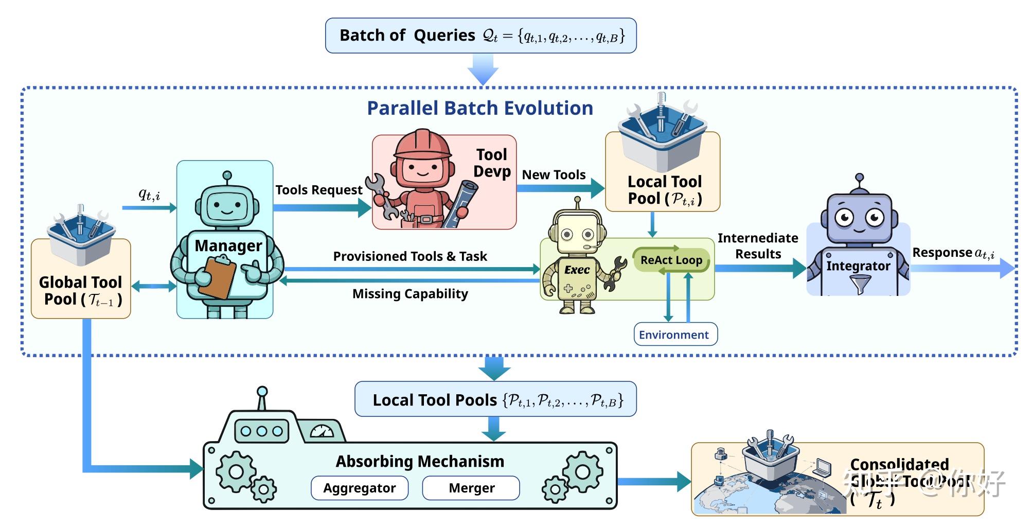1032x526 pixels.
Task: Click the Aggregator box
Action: (x=360, y=488)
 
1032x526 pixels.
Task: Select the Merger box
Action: (x=471, y=488)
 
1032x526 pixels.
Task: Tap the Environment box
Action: (x=675, y=335)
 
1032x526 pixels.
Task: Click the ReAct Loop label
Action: (x=671, y=260)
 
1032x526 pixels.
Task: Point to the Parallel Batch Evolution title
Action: (x=479, y=109)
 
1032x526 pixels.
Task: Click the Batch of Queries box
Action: (x=481, y=36)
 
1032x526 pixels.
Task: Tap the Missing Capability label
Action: (x=410, y=294)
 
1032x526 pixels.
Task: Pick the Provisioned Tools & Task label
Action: (x=410, y=256)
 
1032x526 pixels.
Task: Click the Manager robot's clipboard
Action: (x=217, y=278)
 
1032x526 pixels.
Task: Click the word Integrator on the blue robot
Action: (x=858, y=266)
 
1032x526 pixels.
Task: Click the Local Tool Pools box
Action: (x=495, y=399)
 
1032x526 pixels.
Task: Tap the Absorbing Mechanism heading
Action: (x=420, y=462)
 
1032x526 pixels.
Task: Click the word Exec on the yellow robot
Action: (x=577, y=270)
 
